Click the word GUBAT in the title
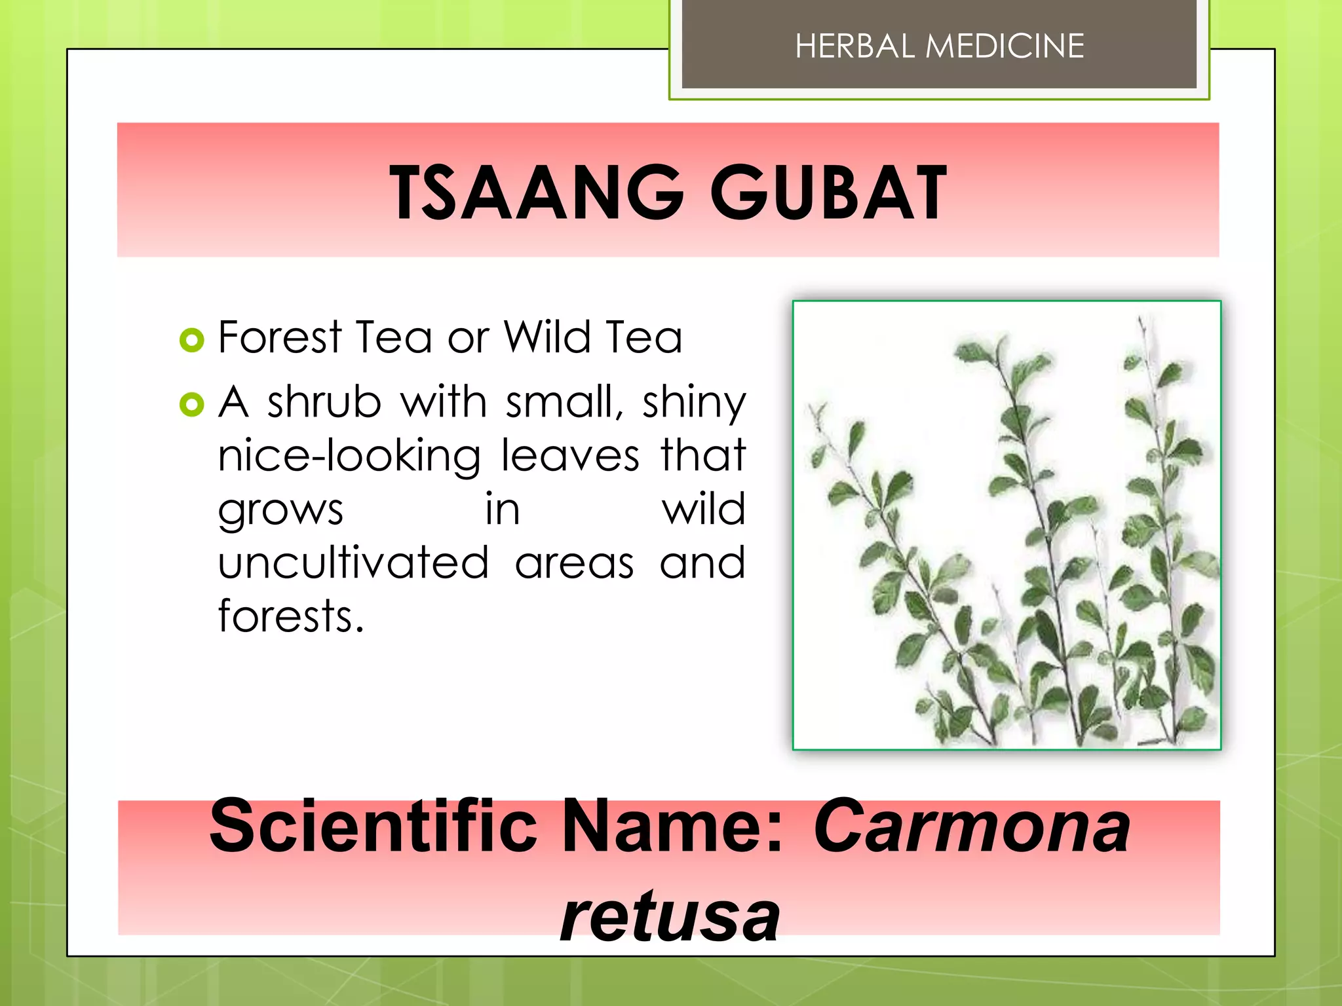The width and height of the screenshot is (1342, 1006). pyautogui.click(x=828, y=193)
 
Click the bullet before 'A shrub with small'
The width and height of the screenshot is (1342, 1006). pyautogui.click(x=191, y=405)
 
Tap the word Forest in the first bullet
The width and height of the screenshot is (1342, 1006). pyautogui.click(x=280, y=337)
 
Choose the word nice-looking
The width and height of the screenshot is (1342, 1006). pyautogui.click(x=349, y=456)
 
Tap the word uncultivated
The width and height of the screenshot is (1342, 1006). pyautogui.click(x=353, y=563)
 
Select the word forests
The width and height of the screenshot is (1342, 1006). pyautogui.click(x=290, y=616)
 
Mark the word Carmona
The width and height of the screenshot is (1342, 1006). pyautogui.click(x=972, y=826)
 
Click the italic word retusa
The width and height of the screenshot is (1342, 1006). pyautogui.click(x=670, y=916)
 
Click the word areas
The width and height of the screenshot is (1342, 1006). pyautogui.click(x=574, y=564)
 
